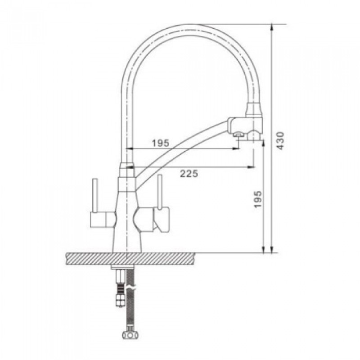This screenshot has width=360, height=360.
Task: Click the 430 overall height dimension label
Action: point(280,140)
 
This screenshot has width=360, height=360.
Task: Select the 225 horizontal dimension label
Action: point(189,174)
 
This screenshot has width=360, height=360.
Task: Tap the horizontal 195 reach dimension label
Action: point(161,143)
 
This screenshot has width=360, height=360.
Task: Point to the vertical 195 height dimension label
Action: point(258,199)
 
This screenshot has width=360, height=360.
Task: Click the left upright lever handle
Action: point(94,195)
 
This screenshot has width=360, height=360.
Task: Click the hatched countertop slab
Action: point(130,259)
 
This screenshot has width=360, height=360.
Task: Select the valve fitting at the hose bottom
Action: point(130,334)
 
